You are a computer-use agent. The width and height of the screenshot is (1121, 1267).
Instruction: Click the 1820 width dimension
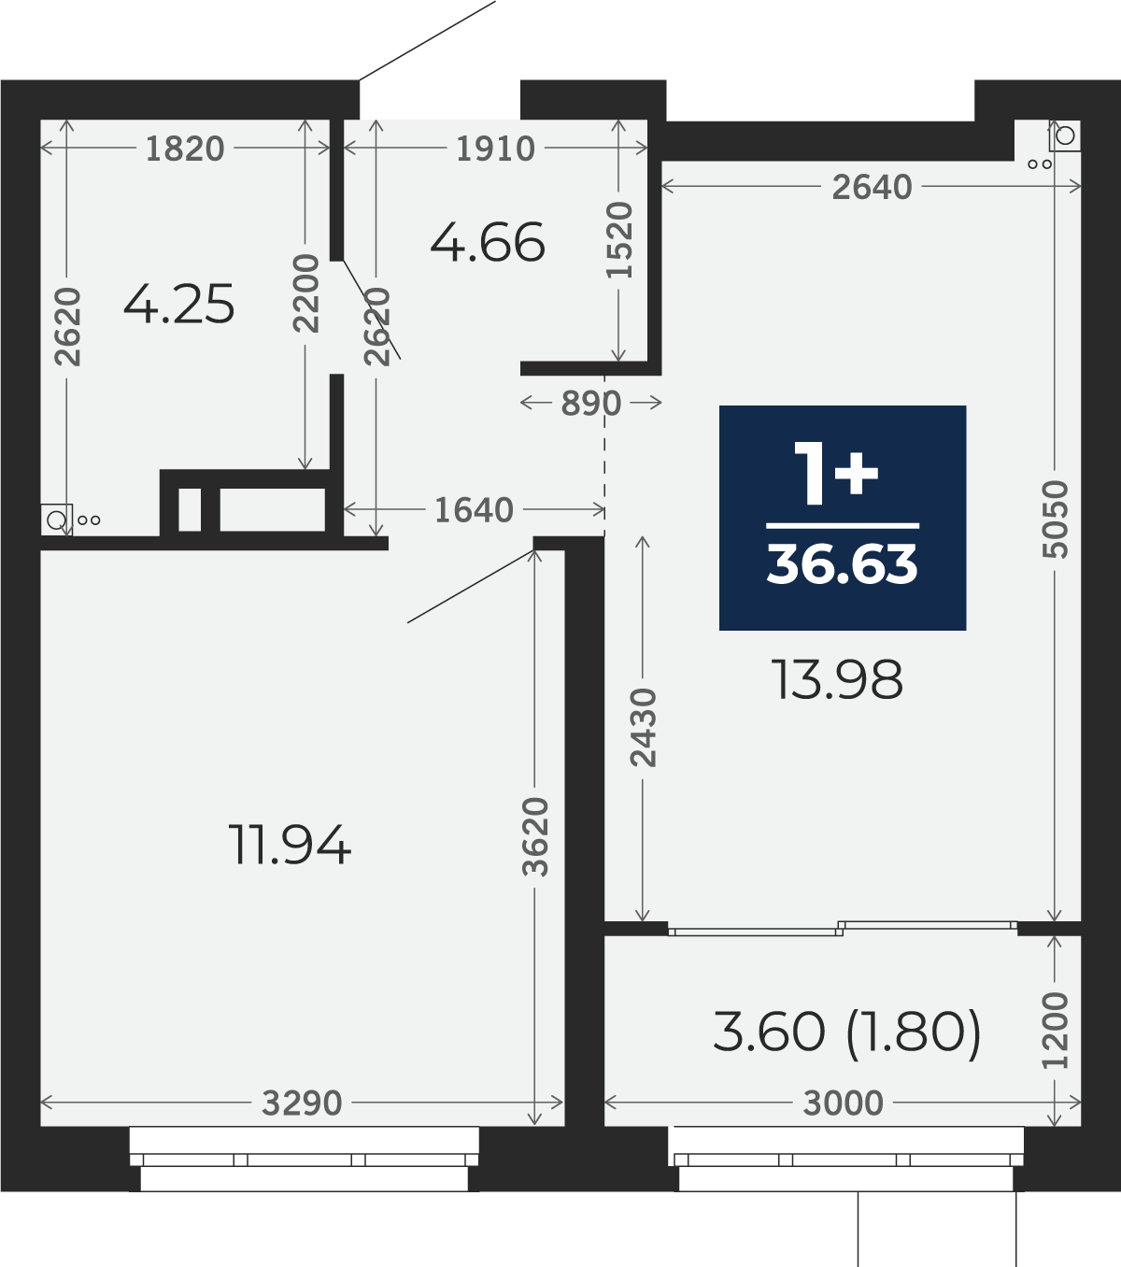pos(184,149)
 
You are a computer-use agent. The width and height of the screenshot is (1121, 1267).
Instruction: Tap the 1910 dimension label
pos(495,149)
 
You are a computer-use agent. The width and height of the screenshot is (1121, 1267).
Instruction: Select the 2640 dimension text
pos(872,187)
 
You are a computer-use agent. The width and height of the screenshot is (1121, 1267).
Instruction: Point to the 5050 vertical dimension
pos(1056,519)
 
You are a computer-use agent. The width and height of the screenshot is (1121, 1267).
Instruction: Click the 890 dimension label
pos(590,404)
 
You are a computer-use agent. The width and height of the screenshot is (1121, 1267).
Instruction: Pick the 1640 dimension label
pos(474,509)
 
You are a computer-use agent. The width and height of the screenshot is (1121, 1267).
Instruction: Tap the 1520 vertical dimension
pos(619,239)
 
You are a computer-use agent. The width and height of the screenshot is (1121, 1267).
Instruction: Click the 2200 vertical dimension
pos(305,292)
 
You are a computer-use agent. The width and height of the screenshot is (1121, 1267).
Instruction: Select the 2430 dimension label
pos(643,727)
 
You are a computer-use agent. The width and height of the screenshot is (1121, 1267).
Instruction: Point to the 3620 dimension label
pos(536,837)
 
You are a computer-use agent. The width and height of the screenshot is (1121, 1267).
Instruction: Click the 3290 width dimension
pos(302,1103)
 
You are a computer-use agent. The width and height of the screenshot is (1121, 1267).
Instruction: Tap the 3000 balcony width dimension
pos(843,1103)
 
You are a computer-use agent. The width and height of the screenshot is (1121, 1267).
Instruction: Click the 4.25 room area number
pos(178,305)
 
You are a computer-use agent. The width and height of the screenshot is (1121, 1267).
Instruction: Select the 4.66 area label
pos(488,242)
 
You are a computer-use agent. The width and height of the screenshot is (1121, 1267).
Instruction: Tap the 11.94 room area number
pos(290,845)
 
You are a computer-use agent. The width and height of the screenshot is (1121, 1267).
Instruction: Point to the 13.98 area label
pos(837,679)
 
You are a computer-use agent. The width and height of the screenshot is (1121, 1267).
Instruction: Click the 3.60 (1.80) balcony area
pos(847,1032)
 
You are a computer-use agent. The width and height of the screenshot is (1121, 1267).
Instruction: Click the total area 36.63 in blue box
pos(843,564)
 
